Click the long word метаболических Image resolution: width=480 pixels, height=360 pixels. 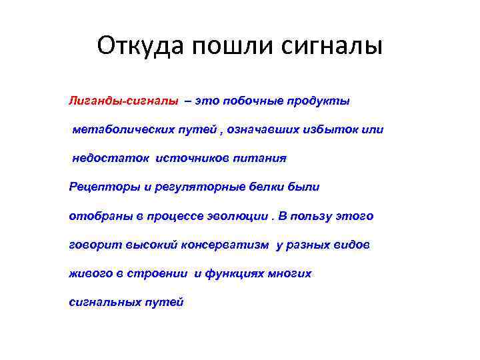coord(115,130)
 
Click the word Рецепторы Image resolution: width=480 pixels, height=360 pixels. coord(97,187)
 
